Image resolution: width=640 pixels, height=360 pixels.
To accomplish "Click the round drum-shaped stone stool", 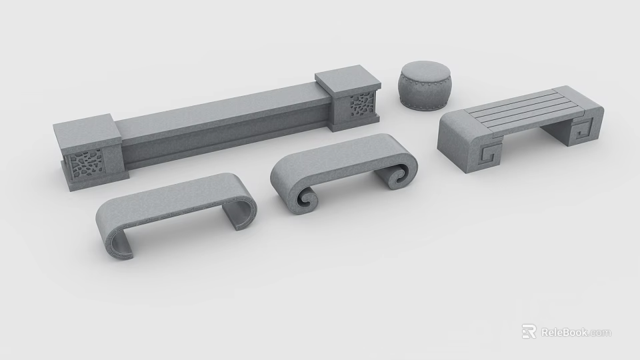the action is coord(424,86).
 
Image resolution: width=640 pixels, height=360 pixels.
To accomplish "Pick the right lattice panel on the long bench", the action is coord(362,106).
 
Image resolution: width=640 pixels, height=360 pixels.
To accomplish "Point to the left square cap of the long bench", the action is coord(87,130).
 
